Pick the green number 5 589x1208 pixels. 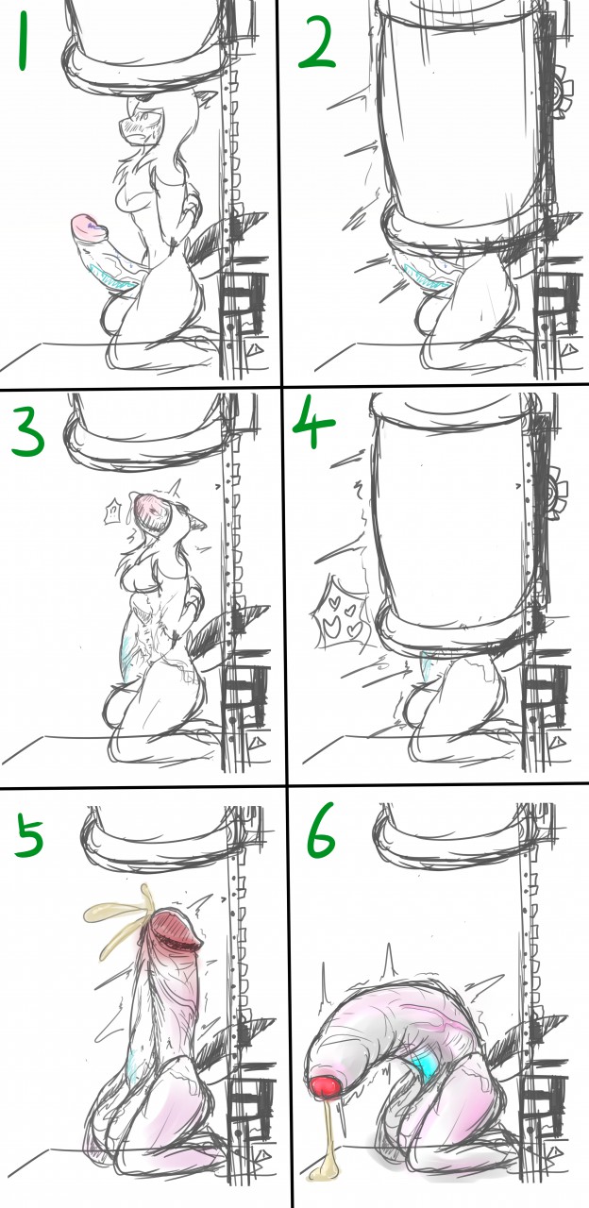click(x=29, y=835)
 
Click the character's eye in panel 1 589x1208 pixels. click(x=144, y=117)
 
